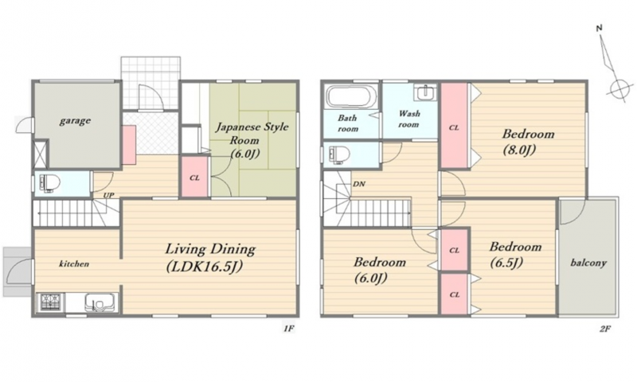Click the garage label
[75, 120]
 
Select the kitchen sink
[100, 302]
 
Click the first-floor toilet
[49, 184]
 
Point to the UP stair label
[108, 195]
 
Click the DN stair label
[359, 184]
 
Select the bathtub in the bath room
[349, 96]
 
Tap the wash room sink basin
[425, 92]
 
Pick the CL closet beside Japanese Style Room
[194, 177]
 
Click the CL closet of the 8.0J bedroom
[454, 126]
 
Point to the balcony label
[588, 263]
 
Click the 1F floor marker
[288, 329]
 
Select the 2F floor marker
[605, 329]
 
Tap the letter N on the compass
[600, 28]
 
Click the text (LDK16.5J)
[205, 267]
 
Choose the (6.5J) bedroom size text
[506, 263]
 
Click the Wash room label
[409, 119]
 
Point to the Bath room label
[348, 123]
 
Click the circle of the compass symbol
[619, 88]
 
